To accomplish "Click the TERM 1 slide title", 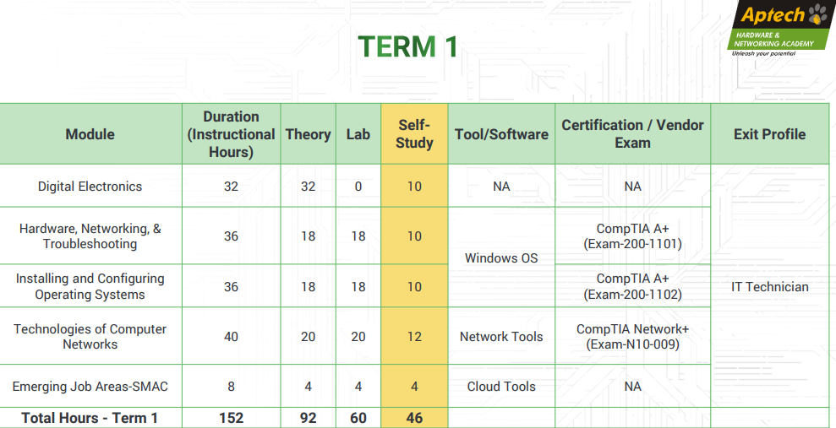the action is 408,46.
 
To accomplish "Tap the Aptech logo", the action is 780,28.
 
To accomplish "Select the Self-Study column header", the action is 414,133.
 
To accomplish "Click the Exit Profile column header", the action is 769,134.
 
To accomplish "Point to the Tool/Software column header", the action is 501,134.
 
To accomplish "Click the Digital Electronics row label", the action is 90,187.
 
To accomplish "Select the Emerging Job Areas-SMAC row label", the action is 90,387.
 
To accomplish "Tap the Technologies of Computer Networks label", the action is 90,337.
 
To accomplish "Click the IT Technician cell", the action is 769,287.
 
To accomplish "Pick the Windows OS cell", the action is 501,258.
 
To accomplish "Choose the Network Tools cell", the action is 501,337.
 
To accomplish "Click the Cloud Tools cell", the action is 501,387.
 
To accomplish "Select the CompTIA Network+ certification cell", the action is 632,337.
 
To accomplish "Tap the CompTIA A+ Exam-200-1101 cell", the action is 632,236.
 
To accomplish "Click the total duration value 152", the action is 231,419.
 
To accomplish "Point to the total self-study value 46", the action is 414,419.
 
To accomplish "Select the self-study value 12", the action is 414,337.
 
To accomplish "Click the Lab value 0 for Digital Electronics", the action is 358,187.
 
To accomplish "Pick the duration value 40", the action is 231,337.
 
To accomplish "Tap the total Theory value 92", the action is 309,419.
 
